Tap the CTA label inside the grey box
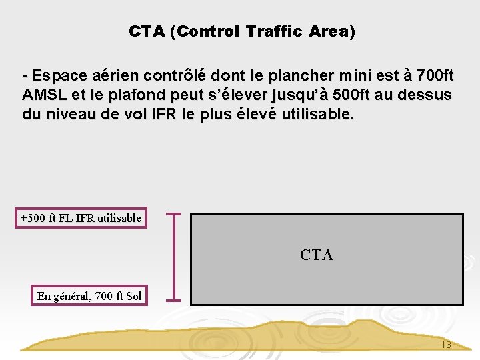(317, 255)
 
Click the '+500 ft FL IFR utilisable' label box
(81, 218)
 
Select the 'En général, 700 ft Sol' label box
(89, 296)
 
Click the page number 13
(446, 345)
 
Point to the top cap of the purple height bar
(173, 215)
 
